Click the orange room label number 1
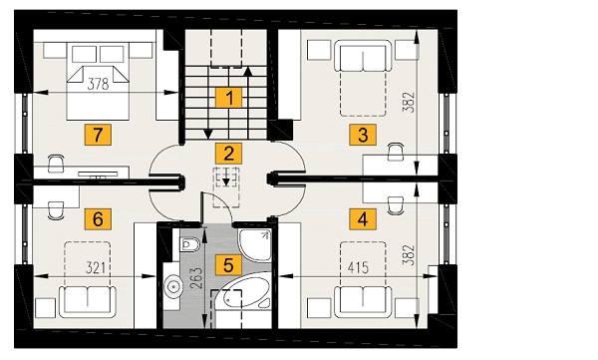229,98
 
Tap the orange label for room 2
229,154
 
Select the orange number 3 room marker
363,135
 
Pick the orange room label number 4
363,219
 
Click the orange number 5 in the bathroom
228,265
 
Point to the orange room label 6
98,219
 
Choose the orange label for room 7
98,135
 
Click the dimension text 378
98,84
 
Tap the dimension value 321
95,268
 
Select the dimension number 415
358,267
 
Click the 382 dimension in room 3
408,102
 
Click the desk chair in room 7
56,164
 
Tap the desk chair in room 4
396,205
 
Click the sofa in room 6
88,302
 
